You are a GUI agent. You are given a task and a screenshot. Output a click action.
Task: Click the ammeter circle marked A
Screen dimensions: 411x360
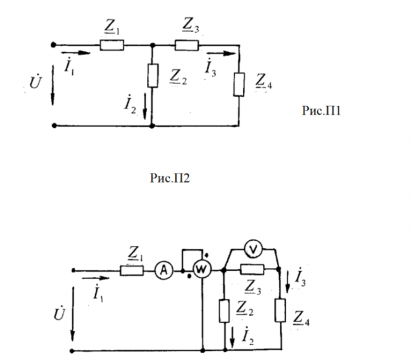coord(164,270)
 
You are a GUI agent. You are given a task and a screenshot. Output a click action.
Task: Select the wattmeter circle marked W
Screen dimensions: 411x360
coord(202,269)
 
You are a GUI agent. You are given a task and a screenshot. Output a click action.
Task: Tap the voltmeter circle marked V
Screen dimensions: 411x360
coord(253,249)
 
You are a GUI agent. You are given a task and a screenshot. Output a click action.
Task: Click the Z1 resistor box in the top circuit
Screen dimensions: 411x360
coord(112,45)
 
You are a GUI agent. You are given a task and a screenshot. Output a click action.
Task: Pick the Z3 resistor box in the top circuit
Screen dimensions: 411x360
coord(187,45)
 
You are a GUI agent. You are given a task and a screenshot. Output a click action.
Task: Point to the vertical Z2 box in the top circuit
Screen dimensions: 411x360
coord(153,75)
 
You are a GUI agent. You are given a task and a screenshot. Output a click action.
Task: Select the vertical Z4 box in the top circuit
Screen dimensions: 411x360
coord(239,85)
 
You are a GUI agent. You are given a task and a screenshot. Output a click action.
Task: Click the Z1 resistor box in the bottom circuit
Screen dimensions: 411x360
coord(132,270)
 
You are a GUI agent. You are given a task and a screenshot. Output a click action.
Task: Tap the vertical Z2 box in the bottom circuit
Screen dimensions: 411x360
coord(225,311)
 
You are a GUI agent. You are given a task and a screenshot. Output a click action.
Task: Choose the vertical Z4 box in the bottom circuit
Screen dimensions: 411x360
coord(280,310)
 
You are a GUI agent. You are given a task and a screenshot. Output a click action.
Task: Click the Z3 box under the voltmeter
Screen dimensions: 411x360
coord(252,269)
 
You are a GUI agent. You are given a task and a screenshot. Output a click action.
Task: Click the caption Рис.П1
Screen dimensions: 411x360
coord(322,111)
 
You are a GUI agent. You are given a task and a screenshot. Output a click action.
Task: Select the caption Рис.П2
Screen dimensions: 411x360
coord(170,178)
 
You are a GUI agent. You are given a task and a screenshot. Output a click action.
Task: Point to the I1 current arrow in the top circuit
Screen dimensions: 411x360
coord(76,52)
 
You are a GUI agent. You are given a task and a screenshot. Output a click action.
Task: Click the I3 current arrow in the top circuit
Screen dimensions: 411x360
coord(221,54)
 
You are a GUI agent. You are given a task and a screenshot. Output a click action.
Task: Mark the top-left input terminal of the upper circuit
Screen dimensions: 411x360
coord(53,45)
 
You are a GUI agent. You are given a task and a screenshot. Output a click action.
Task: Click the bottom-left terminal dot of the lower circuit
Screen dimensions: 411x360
coord(72,351)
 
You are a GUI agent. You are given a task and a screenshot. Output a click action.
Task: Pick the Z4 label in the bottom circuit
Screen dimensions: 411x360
coord(301,318)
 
